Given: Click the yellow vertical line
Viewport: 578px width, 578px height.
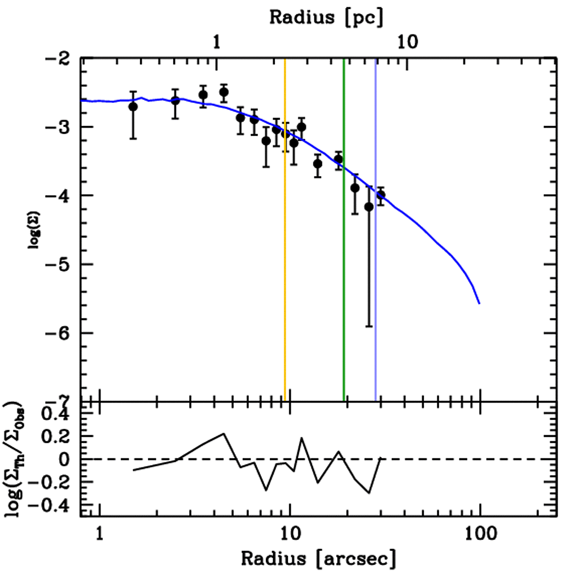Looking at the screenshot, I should coord(285,226).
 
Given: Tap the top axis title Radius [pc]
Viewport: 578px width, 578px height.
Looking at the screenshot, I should coord(326,17).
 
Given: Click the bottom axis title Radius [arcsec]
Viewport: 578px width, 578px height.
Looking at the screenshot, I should coord(318,558).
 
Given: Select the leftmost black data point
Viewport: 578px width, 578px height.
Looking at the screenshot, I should coord(133,107).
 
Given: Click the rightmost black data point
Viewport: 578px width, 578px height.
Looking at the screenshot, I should coord(381,195).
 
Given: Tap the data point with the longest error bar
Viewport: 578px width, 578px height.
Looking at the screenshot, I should coord(369,207).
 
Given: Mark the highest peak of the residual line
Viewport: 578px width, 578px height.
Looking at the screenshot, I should coord(224,433).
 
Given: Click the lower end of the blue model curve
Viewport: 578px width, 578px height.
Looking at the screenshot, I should coord(479,303).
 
